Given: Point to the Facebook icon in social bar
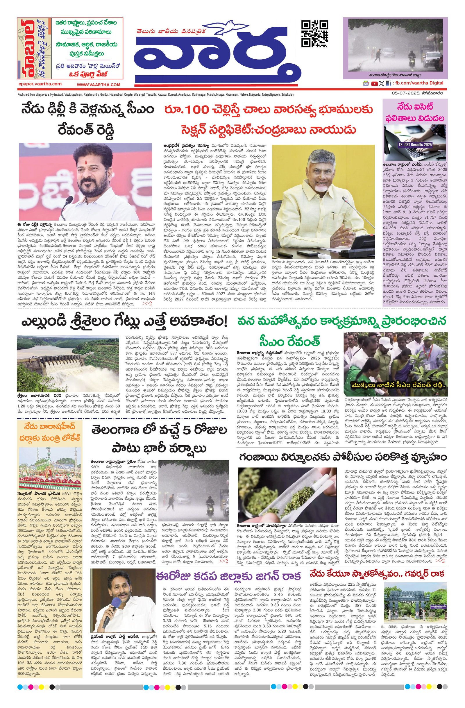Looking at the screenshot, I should (388, 84).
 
